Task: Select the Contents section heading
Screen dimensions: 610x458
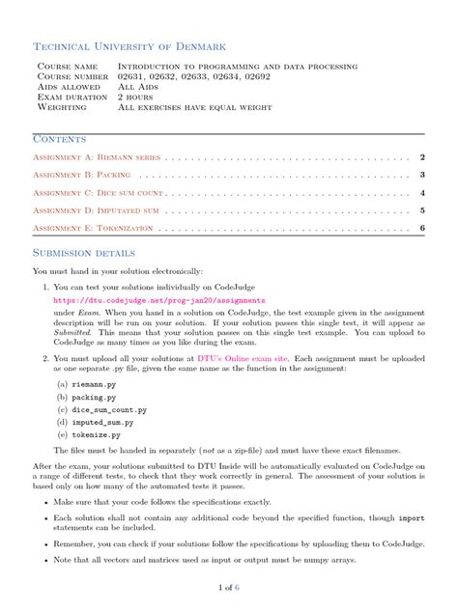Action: coord(60,139)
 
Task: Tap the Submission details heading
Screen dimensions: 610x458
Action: coord(84,253)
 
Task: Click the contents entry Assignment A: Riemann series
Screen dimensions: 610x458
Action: coord(97,156)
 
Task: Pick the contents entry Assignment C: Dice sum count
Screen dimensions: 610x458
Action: coord(98,193)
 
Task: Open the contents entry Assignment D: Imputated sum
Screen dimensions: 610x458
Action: coord(96,210)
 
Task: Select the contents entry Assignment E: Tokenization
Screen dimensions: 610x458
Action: coord(93,229)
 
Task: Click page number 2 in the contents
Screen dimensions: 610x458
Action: coord(422,156)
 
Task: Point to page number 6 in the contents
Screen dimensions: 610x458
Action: coord(422,229)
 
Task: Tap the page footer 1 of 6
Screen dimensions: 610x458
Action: coord(228,587)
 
